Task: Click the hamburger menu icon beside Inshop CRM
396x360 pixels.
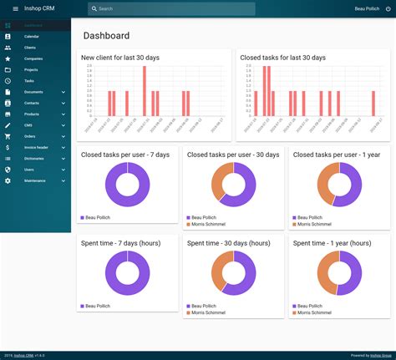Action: coord(15,8)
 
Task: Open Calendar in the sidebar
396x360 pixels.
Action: coord(31,38)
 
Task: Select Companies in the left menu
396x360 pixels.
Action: coord(33,59)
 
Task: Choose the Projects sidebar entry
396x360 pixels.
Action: coord(31,70)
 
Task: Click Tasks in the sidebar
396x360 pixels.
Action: coord(29,81)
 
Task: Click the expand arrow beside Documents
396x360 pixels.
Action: coord(63,92)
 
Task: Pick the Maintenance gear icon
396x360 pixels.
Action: coord(8,180)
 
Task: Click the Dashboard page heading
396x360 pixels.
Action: coord(106,36)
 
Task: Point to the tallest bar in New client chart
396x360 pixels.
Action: coord(143,91)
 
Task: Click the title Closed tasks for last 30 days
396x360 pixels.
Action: coord(282,58)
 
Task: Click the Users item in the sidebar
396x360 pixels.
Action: coord(29,170)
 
